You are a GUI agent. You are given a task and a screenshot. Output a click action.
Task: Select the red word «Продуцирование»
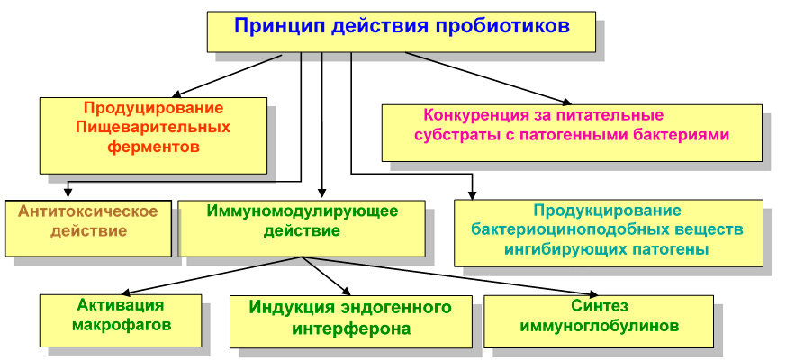153,109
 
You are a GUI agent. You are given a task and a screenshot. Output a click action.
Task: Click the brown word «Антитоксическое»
87,211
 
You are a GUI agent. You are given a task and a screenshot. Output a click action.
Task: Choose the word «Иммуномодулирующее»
303,211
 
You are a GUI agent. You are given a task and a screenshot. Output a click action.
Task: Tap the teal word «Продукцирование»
607,211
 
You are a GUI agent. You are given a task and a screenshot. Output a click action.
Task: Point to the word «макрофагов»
121,325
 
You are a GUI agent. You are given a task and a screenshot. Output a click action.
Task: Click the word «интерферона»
351,328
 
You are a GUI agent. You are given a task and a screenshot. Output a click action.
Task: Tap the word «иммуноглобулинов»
599,326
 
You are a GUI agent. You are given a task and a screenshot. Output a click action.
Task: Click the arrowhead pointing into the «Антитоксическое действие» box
67,193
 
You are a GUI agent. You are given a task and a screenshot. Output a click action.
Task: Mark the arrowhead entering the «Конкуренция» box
566,102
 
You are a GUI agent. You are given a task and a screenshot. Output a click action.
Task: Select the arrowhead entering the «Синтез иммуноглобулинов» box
592,293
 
